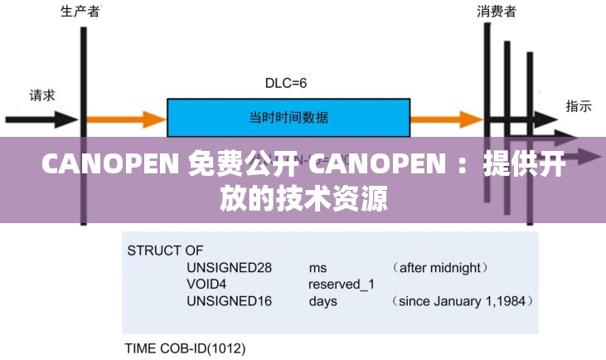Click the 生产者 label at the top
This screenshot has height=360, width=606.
pyautogui.click(x=80, y=12)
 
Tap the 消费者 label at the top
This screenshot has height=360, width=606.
pyautogui.click(x=497, y=12)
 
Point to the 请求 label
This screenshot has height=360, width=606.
pyautogui.click(x=42, y=95)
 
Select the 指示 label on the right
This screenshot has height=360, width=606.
pyautogui.click(x=578, y=105)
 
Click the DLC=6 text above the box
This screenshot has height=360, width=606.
pyautogui.click(x=286, y=83)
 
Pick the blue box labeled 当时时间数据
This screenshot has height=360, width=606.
pyautogui.click(x=288, y=117)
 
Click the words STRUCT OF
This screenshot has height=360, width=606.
pyautogui.click(x=165, y=250)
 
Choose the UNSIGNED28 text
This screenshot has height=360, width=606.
pyautogui.click(x=230, y=267)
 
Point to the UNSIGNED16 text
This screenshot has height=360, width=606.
pyautogui.click(x=230, y=301)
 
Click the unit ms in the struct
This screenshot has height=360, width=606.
pyautogui.click(x=318, y=267)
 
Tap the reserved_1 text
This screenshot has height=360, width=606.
pyautogui.click(x=342, y=284)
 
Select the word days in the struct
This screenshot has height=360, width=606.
pyautogui.click(x=323, y=301)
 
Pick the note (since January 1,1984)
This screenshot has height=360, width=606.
pyautogui.click(x=462, y=301)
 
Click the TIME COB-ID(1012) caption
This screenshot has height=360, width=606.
pyautogui.click(x=185, y=348)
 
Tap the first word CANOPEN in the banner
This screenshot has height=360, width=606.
pyautogui.click(x=110, y=165)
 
